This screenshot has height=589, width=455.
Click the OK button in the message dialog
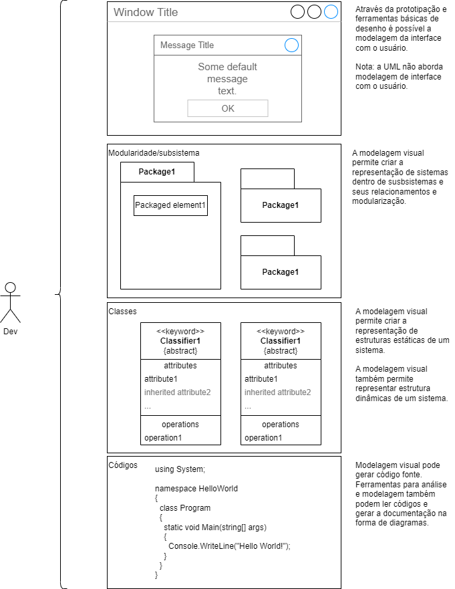click(228, 108)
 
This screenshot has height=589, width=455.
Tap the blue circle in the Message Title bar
click(291, 45)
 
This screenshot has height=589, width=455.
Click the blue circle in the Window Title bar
click(331, 12)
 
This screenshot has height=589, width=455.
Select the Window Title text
click(146, 12)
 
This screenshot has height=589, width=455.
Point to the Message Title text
click(187, 45)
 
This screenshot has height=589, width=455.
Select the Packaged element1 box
click(170, 205)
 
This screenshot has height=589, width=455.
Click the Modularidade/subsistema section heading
click(154, 153)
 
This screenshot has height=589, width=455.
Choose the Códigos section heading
click(123, 465)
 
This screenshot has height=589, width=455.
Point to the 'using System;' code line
click(180, 469)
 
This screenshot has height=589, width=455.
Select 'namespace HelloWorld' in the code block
click(196, 489)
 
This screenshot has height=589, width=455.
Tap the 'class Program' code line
click(185, 508)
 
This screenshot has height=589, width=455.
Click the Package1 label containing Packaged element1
click(157, 172)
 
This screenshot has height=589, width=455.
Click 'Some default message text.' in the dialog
click(227, 79)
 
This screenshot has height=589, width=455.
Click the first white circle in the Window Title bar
click(298, 12)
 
